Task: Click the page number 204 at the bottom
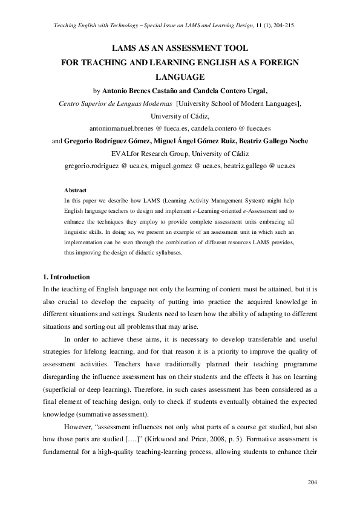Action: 312,482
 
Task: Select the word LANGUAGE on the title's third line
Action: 180,77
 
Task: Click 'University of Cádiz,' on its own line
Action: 179,116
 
